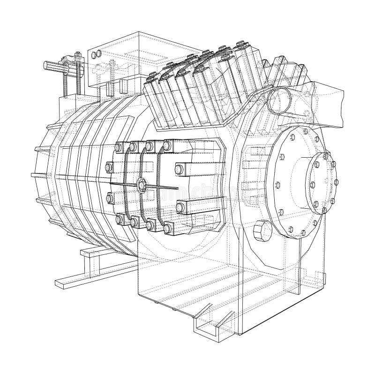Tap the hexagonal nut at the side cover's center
[140, 185]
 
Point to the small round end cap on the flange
[322, 181]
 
